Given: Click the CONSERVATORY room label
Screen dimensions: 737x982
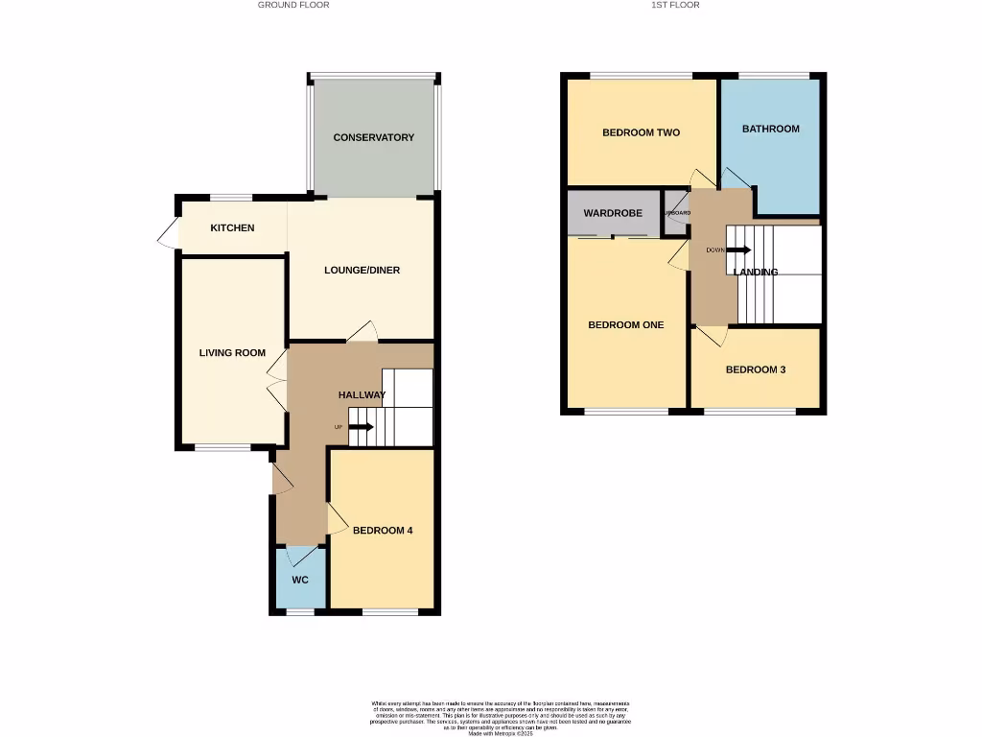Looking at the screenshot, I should pos(374,137).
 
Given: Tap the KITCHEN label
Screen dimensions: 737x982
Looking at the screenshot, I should pos(233,227).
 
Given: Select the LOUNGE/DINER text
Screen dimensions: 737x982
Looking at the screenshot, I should pos(362,270).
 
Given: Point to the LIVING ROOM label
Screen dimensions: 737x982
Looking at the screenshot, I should pos(232,352).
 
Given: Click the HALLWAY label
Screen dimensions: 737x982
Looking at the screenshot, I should pos(362,394).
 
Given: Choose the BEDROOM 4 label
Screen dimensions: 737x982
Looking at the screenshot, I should pos(383,530).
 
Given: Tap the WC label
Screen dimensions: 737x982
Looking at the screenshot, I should pos(300,580).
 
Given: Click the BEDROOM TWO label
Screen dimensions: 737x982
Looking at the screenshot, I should pos(641,132).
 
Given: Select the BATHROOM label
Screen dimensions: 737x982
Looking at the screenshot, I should pos(770,129).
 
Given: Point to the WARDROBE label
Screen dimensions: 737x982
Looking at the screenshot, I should pos(613,213).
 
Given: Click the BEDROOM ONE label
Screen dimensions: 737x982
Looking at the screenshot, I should pos(625,324).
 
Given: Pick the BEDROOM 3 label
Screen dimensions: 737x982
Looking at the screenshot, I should pos(756,368).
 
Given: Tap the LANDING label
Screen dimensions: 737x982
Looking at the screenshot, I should pos(756,272).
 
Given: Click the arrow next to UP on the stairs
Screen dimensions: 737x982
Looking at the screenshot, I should pos(362,427).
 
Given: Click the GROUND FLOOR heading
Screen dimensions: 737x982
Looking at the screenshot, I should pos(293,5).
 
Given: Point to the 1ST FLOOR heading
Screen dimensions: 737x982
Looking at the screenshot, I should pos(675,5).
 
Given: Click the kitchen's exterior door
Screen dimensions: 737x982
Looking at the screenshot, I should pos(168,233).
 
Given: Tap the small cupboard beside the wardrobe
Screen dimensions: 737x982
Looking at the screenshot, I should pos(675,214).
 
